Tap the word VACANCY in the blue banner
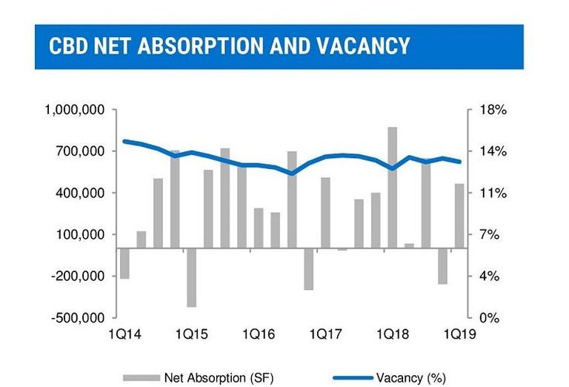pos(363,46)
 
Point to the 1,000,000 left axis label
pos(74,110)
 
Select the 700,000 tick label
pos(80,151)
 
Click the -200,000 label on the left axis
pos(78,277)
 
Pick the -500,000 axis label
pos(78,318)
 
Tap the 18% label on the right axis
pos(493,110)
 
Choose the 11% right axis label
pos(493,193)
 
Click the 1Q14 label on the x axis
pos(124,334)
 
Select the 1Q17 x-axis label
pos(325,334)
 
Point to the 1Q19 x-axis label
pos(459,334)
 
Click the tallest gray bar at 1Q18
pos(392,188)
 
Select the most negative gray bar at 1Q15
pos(191,278)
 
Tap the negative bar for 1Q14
pos(124,264)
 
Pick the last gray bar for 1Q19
pos(459,216)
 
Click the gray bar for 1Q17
pos(325,213)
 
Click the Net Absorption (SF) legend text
pos(219,378)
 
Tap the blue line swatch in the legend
pos(353,378)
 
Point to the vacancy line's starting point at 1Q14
pos(124,141)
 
